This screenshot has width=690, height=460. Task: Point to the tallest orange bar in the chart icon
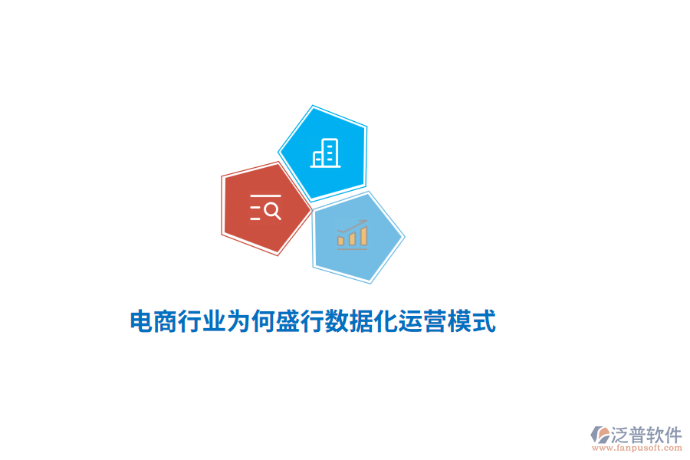pos(363,235)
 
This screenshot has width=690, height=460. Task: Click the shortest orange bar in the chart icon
pos(341,241)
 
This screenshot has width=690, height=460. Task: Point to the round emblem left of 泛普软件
pos(600,435)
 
